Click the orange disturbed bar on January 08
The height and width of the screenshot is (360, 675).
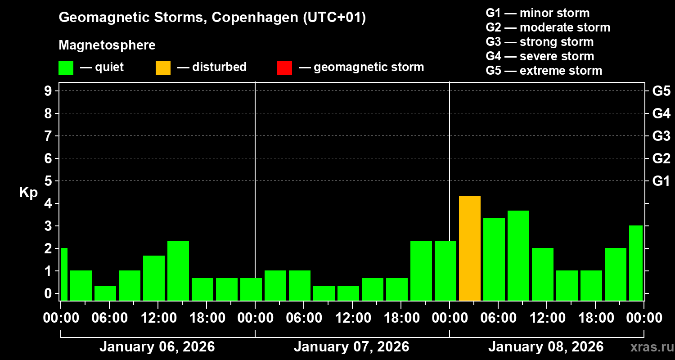(470, 248)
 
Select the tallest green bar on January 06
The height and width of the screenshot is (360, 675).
(178, 270)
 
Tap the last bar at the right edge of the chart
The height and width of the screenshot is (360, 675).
(635, 263)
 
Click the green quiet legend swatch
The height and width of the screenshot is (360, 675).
(66, 67)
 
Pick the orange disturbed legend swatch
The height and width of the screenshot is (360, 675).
(163, 67)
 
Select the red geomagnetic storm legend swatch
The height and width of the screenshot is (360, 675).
(284, 67)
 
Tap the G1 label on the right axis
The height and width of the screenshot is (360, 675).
(661, 181)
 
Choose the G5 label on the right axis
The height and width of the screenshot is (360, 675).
(661, 91)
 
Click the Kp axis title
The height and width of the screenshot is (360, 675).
(28, 193)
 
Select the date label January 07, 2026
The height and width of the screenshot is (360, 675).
(351, 347)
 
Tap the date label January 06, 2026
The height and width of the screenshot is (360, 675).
(157, 347)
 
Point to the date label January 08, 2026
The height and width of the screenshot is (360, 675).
(546, 347)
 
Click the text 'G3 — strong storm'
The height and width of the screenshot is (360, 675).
(540, 42)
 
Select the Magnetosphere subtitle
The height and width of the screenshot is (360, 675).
(107, 45)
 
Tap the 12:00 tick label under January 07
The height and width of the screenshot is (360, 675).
(353, 318)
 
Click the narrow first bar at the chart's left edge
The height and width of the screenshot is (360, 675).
(64, 274)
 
